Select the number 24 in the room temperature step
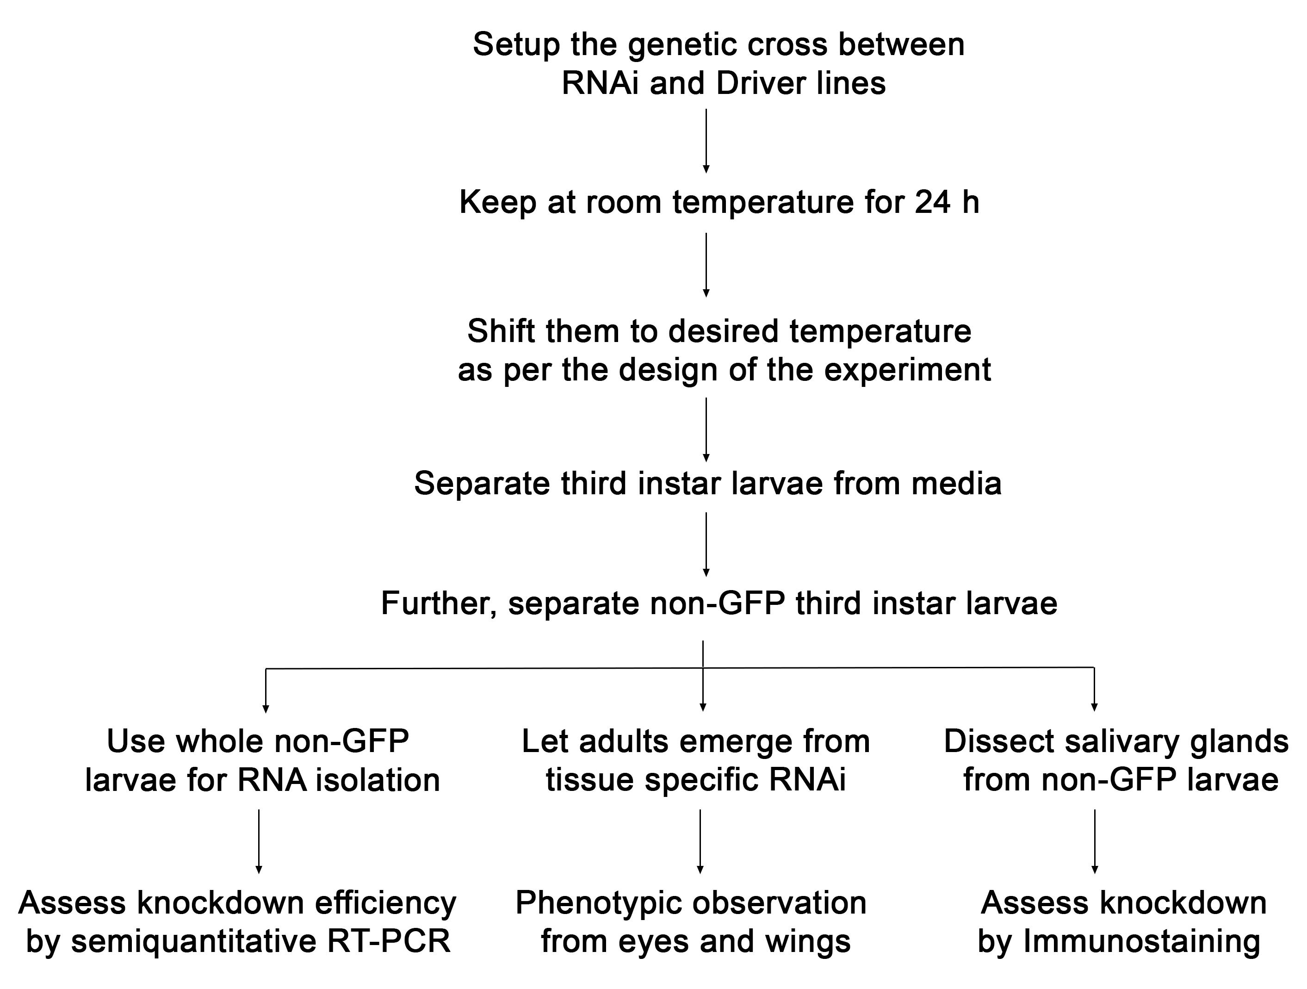pyautogui.click(x=932, y=202)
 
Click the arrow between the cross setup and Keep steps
pyautogui.click(x=706, y=141)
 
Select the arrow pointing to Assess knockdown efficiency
pyautogui.click(x=259, y=841)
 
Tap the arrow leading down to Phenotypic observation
pyautogui.click(x=700, y=841)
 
